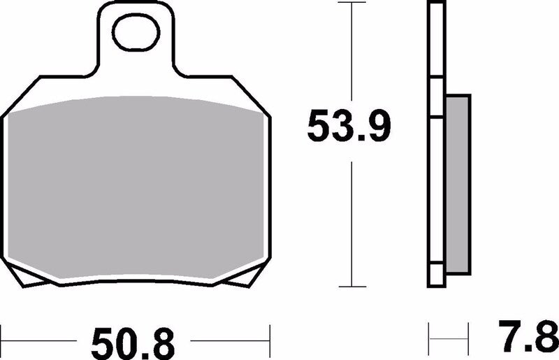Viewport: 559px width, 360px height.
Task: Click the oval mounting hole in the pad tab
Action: click(x=136, y=35)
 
